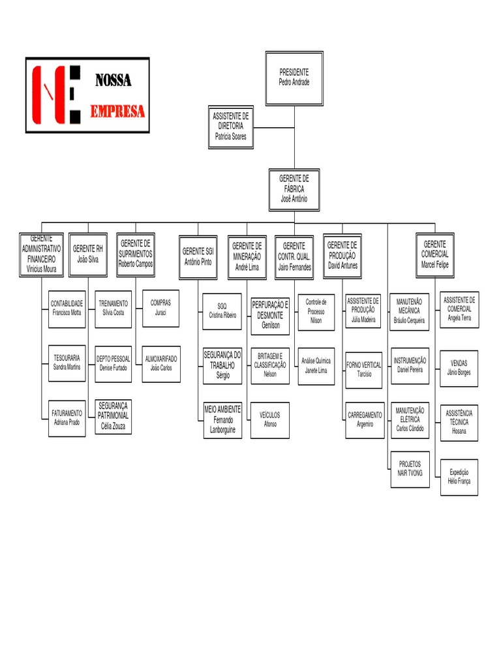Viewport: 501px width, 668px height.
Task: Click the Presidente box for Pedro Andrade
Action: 294,78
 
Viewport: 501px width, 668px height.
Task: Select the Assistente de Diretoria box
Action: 231,127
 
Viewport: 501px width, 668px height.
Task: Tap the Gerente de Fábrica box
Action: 294,189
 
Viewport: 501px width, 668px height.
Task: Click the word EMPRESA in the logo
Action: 117,112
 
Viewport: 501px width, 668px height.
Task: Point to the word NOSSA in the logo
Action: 113,81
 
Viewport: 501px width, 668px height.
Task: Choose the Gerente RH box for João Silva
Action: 87,254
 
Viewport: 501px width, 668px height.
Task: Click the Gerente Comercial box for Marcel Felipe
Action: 435,254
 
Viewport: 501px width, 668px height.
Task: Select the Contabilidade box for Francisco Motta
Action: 67,309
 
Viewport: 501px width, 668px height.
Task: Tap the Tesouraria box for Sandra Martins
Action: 67,363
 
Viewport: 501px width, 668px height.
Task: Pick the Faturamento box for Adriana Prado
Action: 67,418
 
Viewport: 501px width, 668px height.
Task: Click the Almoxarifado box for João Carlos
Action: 161,363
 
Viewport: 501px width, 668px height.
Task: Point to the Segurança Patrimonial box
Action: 114,416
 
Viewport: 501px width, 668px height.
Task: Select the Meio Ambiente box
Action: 222,419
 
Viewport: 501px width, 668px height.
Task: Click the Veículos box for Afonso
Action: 270,419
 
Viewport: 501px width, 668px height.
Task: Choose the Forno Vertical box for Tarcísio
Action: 364,370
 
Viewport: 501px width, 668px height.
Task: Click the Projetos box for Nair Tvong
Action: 410,469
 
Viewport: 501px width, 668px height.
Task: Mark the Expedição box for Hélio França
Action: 459,477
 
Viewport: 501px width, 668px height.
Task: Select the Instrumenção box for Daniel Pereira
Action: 410,365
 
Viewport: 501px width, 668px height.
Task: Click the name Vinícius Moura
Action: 42,268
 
